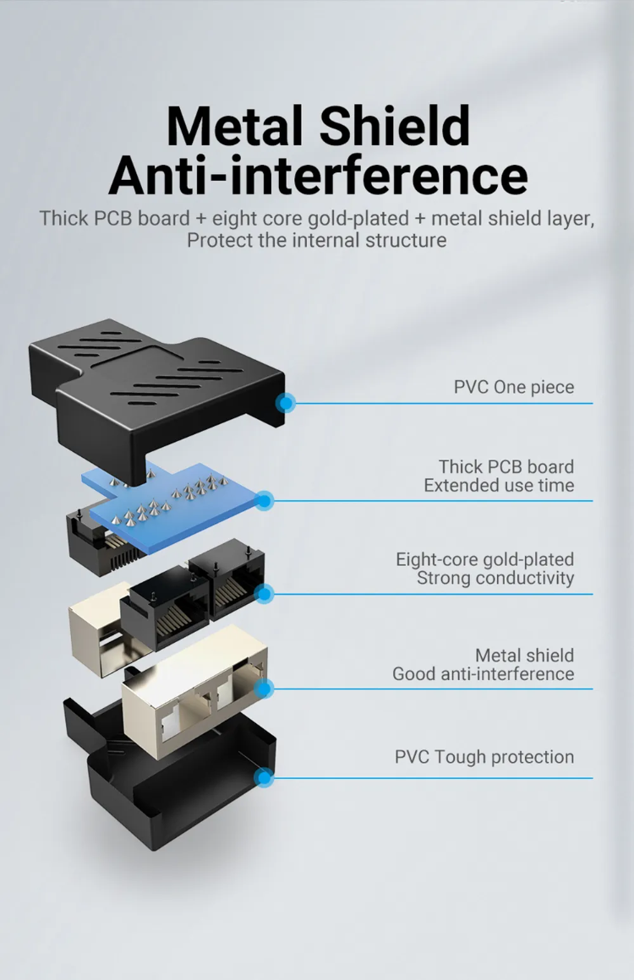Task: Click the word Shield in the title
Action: point(395,127)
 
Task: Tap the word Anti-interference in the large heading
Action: point(318,176)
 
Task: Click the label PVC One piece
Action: point(513,388)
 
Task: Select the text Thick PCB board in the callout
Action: point(506,466)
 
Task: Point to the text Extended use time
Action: point(499,486)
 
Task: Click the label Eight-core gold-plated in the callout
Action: point(484,559)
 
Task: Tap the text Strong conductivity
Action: point(495,579)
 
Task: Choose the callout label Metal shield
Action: point(524,656)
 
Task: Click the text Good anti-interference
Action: point(483,674)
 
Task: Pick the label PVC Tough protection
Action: point(484,757)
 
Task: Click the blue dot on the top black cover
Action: point(286,403)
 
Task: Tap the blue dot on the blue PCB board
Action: point(265,501)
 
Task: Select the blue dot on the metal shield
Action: point(265,689)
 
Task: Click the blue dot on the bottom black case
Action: point(265,777)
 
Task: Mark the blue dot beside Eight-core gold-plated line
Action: point(265,595)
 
